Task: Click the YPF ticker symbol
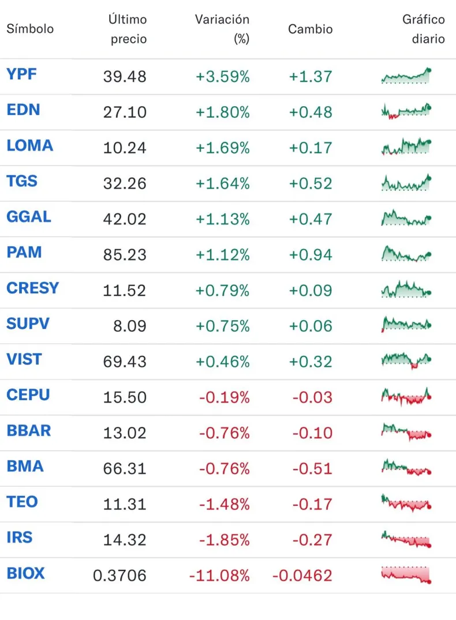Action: point(21,74)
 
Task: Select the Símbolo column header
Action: point(30,29)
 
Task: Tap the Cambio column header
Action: point(310,29)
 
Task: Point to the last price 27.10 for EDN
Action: point(125,112)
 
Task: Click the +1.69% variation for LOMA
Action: point(222,148)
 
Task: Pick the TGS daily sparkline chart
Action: point(406,183)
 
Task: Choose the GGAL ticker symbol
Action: point(29,217)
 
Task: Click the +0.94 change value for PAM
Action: point(311,254)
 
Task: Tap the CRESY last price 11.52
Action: point(125,290)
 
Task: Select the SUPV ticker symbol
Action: point(28,324)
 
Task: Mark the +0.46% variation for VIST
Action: point(222,362)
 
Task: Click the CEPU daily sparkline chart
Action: point(406,396)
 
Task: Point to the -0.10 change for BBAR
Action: point(312,433)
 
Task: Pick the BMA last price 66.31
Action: point(125,468)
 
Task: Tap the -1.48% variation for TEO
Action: point(224,504)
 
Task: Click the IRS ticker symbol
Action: point(20,538)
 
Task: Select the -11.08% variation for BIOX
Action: point(219,576)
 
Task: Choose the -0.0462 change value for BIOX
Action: point(302,576)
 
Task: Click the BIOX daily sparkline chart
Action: point(406,575)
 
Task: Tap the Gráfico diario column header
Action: point(423,29)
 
